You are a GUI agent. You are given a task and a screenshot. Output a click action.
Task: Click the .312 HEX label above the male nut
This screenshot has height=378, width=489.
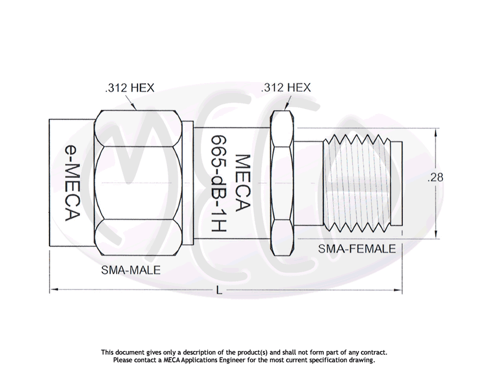coord(130,88)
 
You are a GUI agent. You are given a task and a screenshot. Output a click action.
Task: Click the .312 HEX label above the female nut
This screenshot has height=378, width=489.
coord(286,87)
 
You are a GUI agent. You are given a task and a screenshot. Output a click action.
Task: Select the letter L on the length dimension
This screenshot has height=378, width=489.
coord(219,291)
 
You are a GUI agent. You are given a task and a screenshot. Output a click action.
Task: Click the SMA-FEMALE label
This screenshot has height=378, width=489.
coord(357,249)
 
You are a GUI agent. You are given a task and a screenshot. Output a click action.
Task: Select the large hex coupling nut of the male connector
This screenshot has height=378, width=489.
coord(138,183)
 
